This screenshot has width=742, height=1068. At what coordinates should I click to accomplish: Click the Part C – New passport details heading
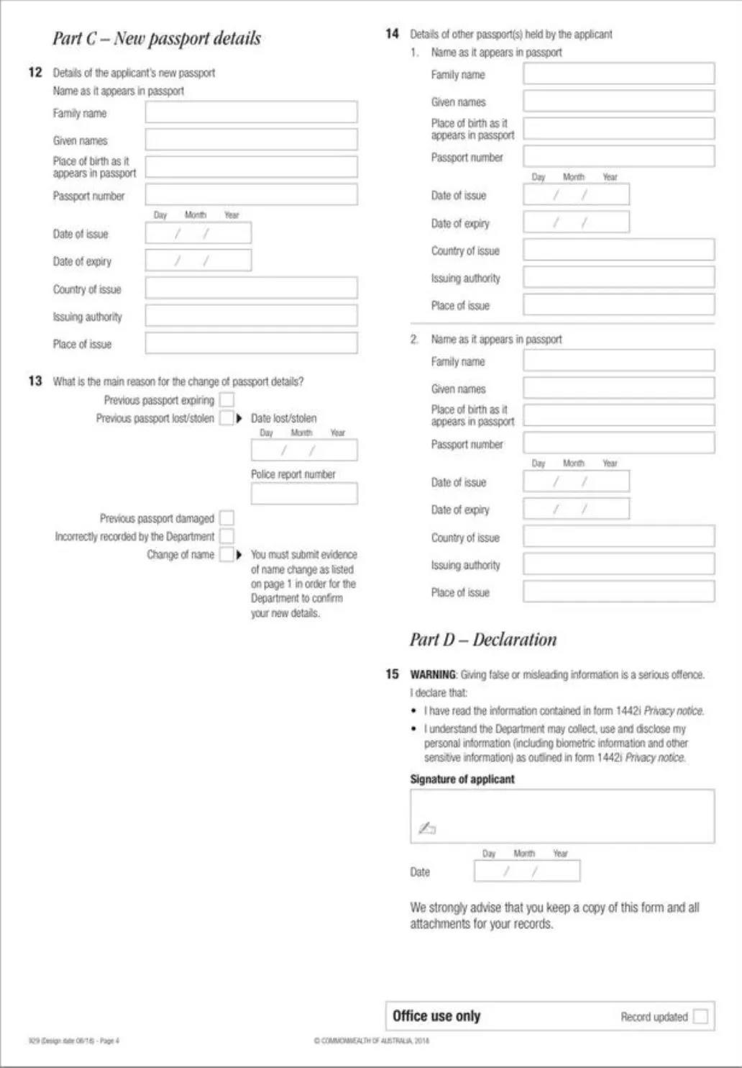(157, 39)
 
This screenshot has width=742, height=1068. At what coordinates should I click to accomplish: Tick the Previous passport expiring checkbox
(226, 400)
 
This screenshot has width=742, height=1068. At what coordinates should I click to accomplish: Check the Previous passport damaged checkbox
(226, 518)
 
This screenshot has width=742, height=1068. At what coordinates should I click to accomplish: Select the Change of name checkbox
(226, 555)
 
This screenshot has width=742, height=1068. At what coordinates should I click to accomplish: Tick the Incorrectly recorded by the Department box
(226, 536)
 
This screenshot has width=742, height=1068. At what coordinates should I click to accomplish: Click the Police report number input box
(303, 494)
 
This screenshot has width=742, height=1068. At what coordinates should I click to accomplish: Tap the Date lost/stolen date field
(303, 451)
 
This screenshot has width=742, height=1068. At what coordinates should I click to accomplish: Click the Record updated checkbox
(700, 1016)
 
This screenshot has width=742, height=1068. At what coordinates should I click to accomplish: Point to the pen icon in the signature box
(427, 828)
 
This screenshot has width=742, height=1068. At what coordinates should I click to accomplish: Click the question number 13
(35, 381)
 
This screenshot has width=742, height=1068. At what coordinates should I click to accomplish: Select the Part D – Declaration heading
(483, 640)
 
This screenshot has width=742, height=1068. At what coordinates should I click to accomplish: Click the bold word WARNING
(433, 675)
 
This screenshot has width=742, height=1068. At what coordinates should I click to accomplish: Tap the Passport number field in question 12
(251, 194)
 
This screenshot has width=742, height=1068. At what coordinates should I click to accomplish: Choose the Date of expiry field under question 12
(198, 261)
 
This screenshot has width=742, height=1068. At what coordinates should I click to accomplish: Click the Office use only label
(436, 1016)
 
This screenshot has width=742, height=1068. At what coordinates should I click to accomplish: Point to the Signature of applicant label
(462, 779)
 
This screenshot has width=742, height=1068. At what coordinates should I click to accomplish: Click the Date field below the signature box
(526, 872)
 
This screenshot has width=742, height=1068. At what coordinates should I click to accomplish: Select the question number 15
(392, 674)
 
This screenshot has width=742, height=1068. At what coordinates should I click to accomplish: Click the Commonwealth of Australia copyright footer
(372, 1041)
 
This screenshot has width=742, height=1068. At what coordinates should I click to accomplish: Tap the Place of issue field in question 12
(251, 343)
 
